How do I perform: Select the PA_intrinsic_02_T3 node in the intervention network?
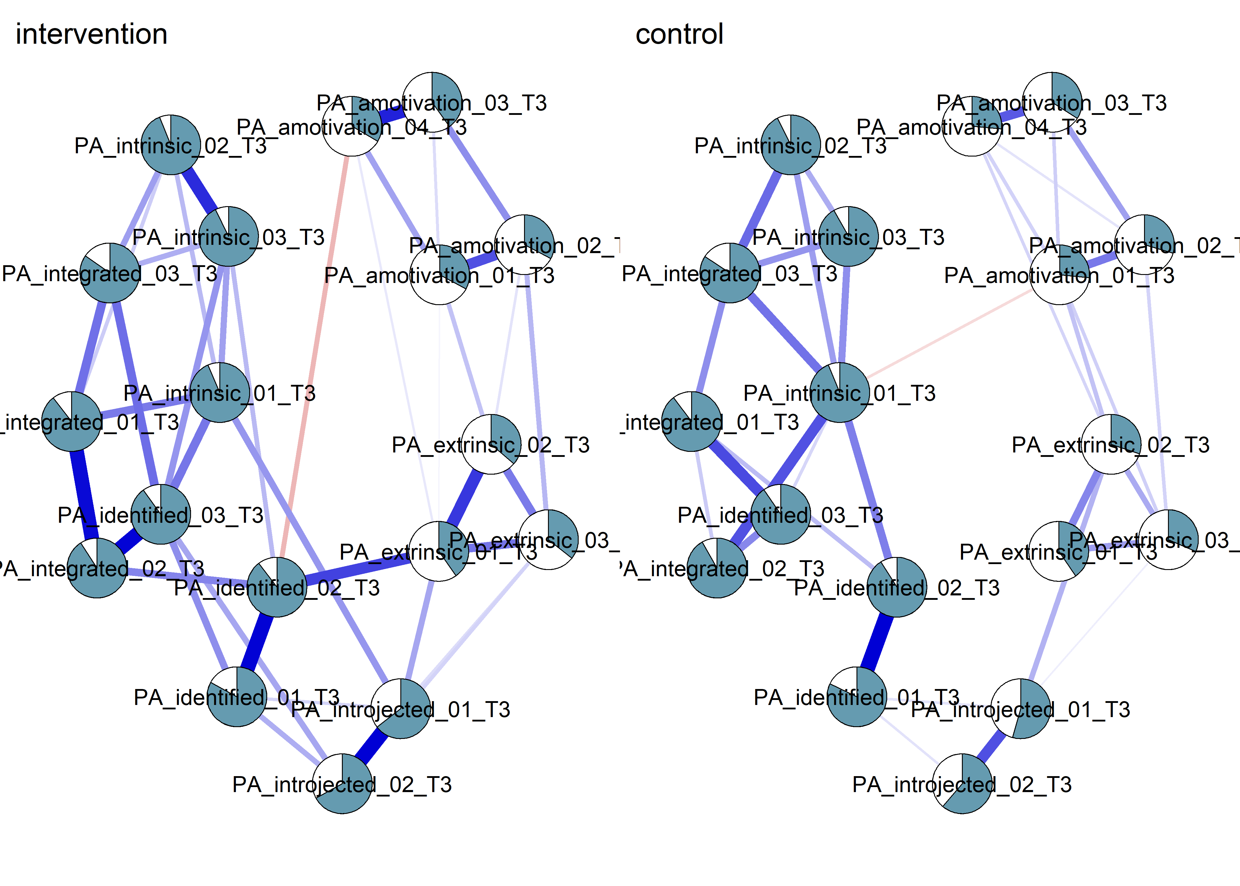[x=171, y=145]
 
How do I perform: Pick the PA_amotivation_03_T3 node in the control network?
[x=1052, y=102]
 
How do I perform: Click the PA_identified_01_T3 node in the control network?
[x=857, y=697]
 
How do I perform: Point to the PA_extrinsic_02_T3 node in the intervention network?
[x=491, y=444]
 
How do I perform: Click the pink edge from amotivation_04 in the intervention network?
[x=315, y=355]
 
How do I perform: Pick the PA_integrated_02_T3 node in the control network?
[x=717, y=568]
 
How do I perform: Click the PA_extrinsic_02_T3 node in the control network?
[x=1111, y=444]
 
